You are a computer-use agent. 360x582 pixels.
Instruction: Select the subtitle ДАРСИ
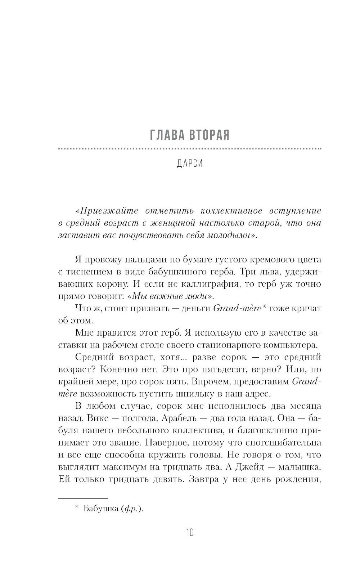(x=190, y=164)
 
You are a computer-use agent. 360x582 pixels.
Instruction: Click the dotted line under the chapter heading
(x=189, y=149)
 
